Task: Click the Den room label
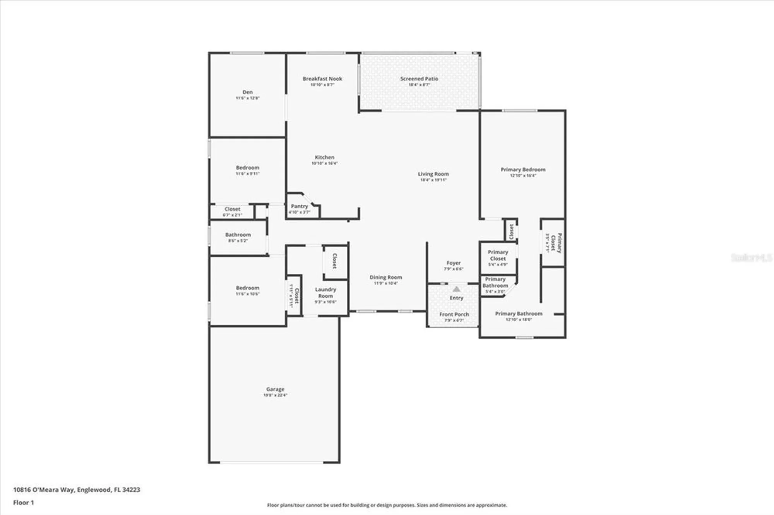tap(247, 92)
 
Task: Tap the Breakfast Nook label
tap(322, 78)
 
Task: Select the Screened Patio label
tap(419, 78)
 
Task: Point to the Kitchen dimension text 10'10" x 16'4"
tap(324, 163)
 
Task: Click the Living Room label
tap(433, 174)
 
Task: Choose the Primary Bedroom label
tap(523, 169)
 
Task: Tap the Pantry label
tap(300, 206)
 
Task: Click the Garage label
tap(275, 389)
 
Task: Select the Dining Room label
tap(385, 277)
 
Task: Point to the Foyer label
tap(453, 263)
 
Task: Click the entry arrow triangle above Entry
tap(457, 289)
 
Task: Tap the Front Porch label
tap(454, 314)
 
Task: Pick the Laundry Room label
tap(325, 293)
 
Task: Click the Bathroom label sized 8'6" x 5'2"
tap(238, 235)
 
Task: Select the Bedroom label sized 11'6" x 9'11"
tap(247, 167)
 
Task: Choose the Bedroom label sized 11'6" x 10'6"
tap(247, 288)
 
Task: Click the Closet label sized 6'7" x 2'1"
tap(232, 209)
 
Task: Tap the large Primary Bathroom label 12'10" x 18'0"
tap(519, 314)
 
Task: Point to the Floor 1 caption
tap(24, 503)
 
